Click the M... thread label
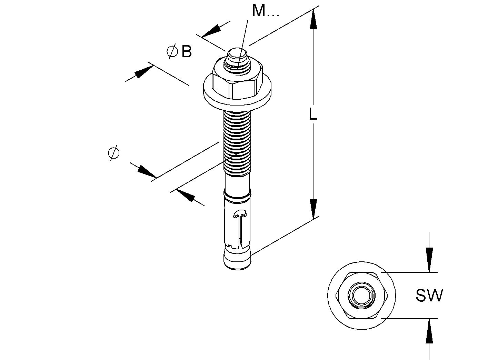[265, 11]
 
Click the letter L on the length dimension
[312, 114]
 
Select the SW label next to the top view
[429, 296]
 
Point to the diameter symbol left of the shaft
[113, 153]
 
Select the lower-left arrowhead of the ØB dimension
[142, 72]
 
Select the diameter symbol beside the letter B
[172, 52]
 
